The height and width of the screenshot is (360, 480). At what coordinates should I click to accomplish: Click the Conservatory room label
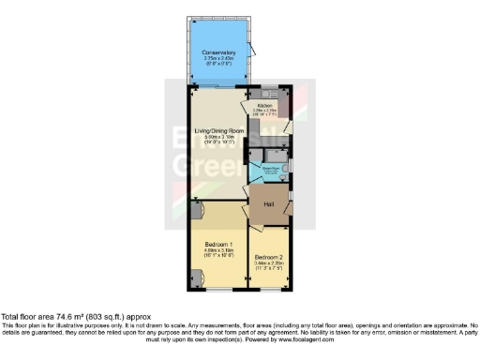tap(217, 52)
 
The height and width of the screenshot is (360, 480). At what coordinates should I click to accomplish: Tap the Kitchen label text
tap(263, 106)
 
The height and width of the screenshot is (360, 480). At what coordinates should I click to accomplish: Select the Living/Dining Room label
tap(219, 129)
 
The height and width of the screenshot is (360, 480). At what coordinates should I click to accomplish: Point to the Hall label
tap(268, 204)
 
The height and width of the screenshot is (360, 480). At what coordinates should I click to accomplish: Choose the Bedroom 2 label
tap(268, 257)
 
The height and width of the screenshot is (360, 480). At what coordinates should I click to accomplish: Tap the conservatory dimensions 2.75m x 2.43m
tap(217, 59)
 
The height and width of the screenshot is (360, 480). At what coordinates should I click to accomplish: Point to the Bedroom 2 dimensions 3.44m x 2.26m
tap(268, 263)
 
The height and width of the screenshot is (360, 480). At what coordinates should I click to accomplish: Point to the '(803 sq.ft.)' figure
tap(111, 317)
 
